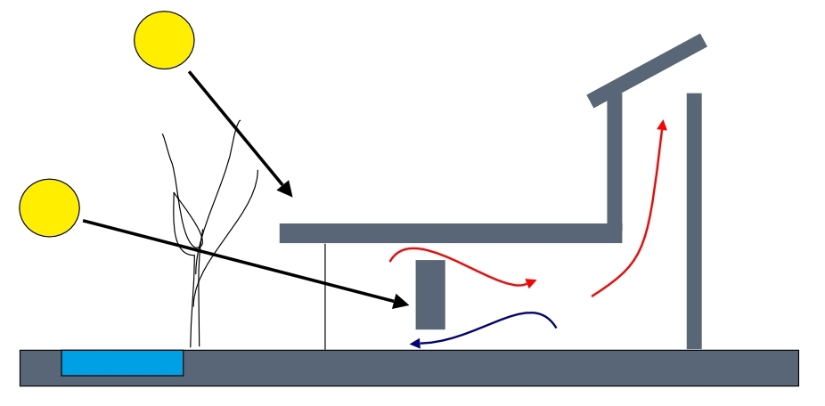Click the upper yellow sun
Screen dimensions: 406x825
point(164,40)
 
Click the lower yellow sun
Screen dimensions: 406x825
point(50,207)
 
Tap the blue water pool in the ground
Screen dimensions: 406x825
point(122,362)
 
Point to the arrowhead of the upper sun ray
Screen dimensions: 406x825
point(285,190)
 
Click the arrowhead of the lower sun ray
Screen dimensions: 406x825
point(401,303)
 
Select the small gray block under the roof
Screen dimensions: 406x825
point(430,294)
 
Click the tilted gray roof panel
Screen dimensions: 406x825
point(647,70)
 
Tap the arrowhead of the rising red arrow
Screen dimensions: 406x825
point(662,124)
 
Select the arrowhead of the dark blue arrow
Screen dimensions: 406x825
point(414,342)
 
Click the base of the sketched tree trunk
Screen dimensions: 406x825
point(195,343)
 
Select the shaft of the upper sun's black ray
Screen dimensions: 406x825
point(236,130)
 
